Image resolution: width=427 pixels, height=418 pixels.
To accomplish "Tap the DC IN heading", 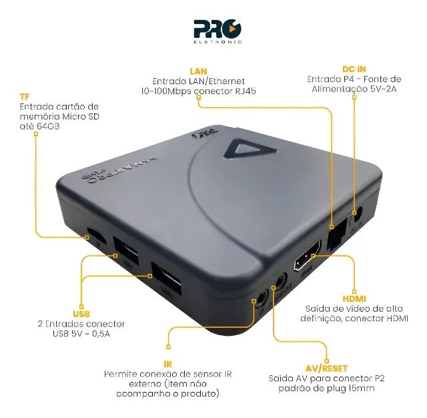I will pos(355,69).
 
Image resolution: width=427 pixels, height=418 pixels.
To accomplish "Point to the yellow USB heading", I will pos(81,313).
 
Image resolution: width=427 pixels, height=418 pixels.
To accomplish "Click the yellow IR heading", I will pos(168,364).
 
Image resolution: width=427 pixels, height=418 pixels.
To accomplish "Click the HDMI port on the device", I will pos(308,260).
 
